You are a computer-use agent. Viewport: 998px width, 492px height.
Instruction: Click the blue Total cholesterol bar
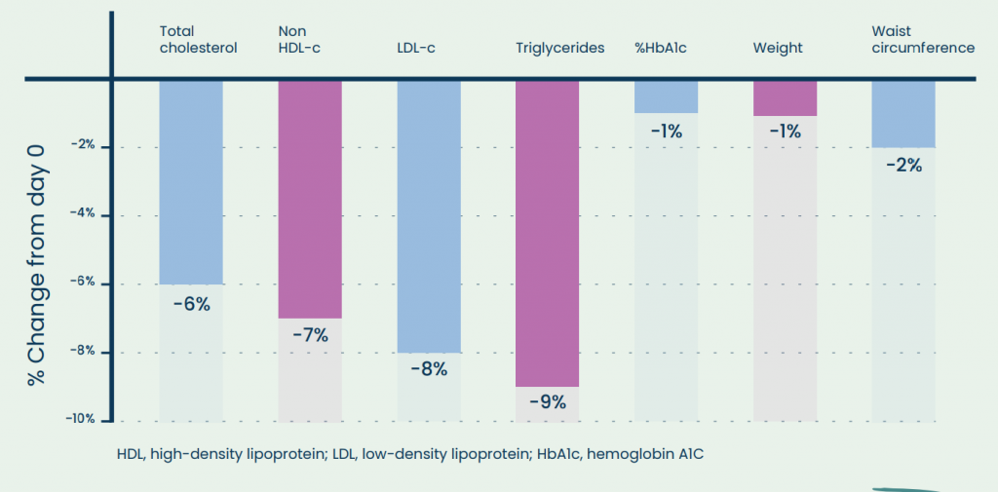point(191,181)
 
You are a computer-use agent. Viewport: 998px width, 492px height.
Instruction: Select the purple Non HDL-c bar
point(310,199)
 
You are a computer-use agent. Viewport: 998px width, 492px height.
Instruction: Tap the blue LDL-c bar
point(429,215)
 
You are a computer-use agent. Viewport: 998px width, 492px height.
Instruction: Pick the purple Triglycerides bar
point(547,233)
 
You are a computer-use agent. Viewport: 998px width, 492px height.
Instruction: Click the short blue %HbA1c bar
point(666,96)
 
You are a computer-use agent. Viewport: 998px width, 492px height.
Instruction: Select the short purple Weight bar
point(785,98)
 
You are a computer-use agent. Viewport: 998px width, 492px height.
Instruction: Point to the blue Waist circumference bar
point(902,113)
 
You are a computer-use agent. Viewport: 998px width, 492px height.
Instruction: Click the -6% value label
point(191,303)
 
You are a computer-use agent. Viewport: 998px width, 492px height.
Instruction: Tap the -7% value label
point(310,336)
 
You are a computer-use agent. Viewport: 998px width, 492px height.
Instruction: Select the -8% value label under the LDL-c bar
point(429,369)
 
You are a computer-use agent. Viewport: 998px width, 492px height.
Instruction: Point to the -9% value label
point(547,401)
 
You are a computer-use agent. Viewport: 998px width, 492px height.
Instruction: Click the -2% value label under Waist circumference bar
point(903,165)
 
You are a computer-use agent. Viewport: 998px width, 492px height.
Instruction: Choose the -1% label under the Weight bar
point(785,131)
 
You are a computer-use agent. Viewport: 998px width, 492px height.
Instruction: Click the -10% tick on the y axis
point(80,419)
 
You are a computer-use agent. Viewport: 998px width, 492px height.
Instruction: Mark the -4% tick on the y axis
point(83,215)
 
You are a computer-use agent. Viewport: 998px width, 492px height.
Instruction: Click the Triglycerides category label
point(560,48)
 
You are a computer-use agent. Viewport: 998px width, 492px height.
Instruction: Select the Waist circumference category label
point(922,40)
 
